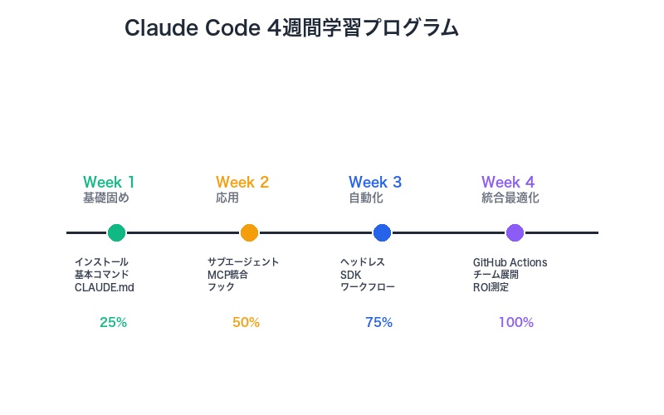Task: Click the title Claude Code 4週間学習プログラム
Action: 291,27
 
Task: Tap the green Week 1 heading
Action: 109,182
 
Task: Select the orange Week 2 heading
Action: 242,182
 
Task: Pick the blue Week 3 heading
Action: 375,182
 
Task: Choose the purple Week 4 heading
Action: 508,182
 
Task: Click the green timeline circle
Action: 116,233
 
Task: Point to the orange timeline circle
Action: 249,233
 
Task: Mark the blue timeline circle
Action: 382,233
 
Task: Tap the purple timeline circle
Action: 515,233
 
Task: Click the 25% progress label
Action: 113,323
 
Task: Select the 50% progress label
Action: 246,323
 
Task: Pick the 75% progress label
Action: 378,323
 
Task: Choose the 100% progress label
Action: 515,323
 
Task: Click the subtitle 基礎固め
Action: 106,198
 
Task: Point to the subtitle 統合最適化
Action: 510,198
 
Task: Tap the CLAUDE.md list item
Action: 104,287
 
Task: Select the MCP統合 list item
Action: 227,275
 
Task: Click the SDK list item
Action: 350,275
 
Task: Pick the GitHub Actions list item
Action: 510,262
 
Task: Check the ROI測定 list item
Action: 491,287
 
